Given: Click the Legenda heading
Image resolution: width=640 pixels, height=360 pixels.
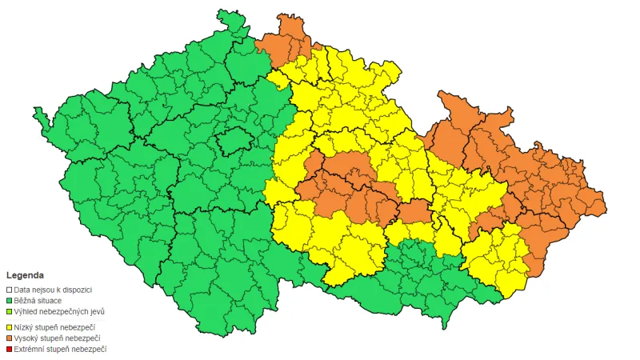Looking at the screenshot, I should point(26,274).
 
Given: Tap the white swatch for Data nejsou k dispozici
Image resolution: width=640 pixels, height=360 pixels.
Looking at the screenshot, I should point(10,290).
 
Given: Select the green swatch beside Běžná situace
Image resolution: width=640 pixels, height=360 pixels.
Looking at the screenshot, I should point(10,300).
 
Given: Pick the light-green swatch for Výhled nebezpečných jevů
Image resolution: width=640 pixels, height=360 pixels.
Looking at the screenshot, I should point(10,311).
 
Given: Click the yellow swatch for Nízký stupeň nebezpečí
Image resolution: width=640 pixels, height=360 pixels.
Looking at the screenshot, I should point(10,326).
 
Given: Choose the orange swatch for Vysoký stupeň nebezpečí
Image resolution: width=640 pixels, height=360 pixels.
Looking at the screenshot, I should point(10,338).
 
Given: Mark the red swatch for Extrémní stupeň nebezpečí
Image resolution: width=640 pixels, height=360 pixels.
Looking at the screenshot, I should point(10,349).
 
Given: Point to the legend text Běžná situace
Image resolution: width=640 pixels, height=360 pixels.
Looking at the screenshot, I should point(38,300).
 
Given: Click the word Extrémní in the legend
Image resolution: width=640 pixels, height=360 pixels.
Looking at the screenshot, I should point(30,349).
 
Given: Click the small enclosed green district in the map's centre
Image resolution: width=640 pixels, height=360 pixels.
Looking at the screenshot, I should point(233,142).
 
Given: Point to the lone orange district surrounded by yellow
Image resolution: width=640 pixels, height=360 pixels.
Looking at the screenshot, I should point(414,213).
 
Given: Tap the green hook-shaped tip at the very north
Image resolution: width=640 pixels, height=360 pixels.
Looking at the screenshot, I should point(232,21).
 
